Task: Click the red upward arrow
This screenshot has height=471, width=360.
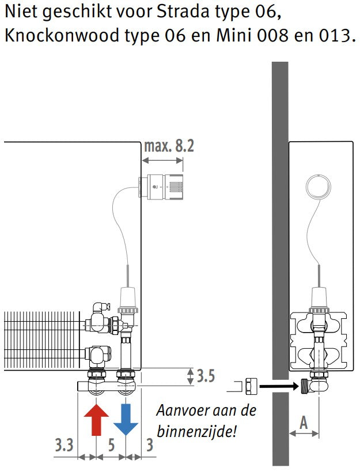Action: point(96,420)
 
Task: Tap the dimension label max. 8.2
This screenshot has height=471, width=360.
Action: point(169,146)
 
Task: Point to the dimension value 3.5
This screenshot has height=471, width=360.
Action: point(206,376)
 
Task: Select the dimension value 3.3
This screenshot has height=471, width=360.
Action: point(64,445)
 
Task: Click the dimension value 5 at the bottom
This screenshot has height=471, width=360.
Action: point(111,445)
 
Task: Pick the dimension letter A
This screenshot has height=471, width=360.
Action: point(304,423)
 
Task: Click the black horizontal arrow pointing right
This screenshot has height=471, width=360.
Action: point(279,386)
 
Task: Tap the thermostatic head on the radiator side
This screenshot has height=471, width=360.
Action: point(161,187)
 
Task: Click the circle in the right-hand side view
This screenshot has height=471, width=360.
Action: point(319,187)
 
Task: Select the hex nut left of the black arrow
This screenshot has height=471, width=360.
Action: point(251,386)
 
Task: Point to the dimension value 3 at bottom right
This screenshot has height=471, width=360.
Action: point(149,445)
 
